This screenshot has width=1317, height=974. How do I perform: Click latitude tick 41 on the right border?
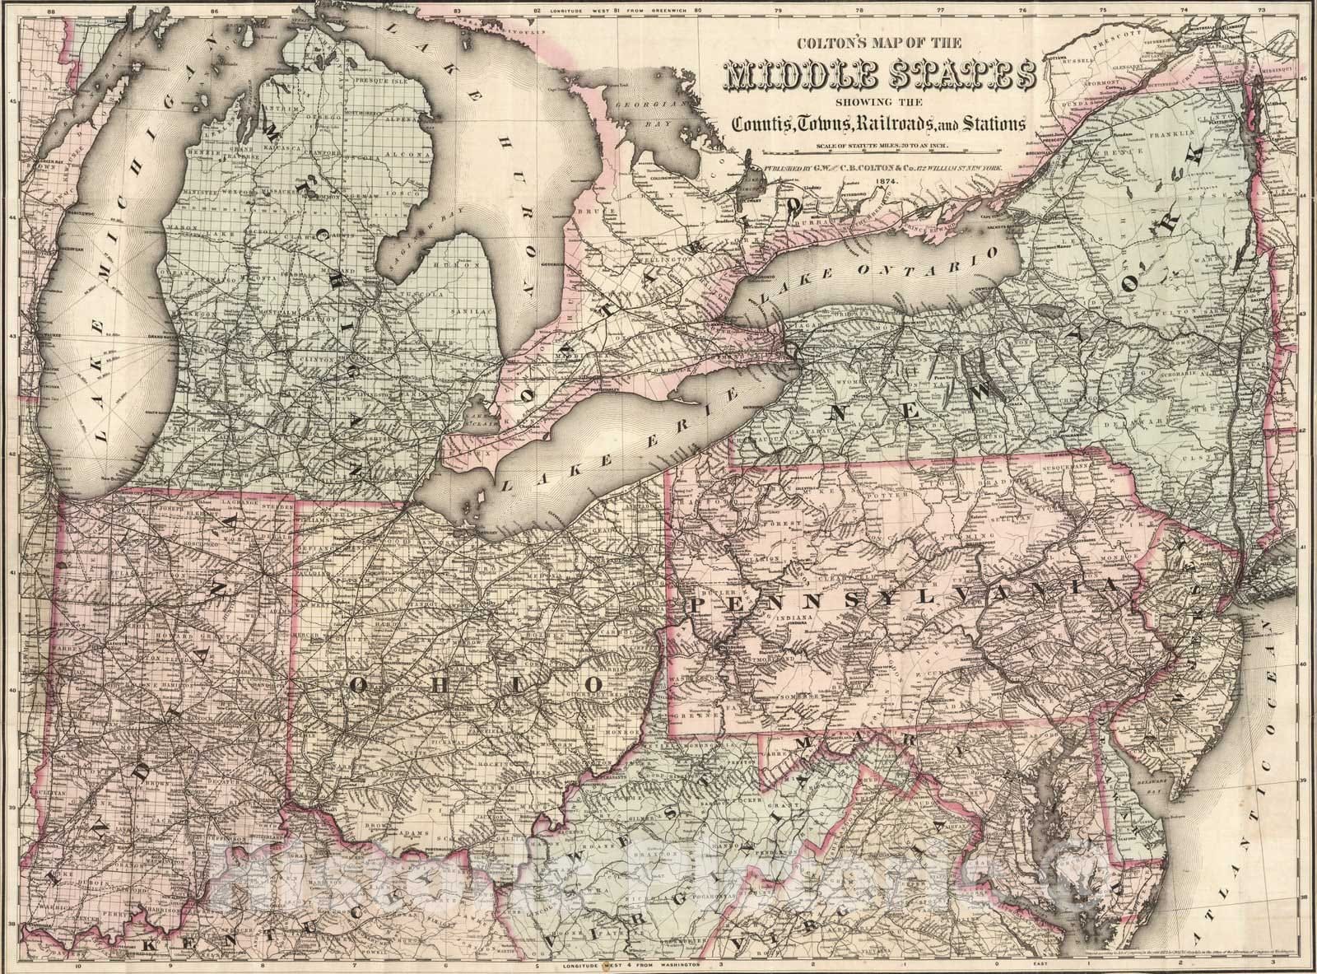click(1303, 547)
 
